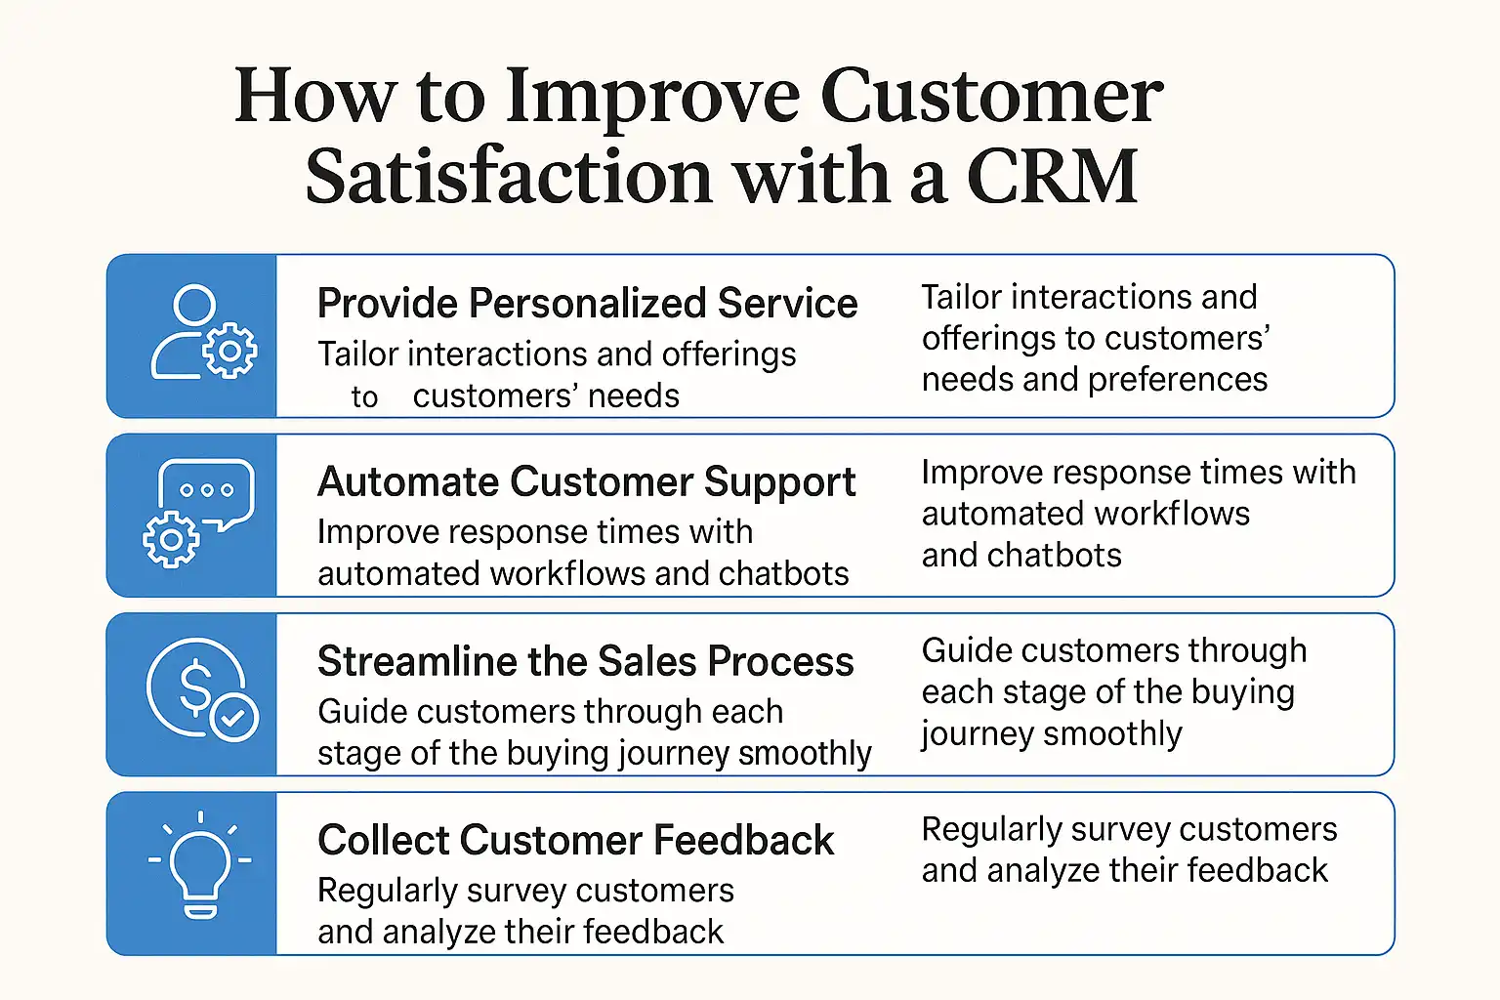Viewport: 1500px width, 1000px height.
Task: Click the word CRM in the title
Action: click(x=1052, y=176)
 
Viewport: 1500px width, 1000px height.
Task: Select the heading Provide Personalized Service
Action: click(x=587, y=304)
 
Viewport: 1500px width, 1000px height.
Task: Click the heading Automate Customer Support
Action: click(x=587, y=482)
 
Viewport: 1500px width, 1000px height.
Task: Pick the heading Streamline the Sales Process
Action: click(x=586, y=661)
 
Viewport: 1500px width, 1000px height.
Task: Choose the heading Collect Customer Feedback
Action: click(x=576, y=840)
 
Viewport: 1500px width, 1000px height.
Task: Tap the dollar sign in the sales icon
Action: click(x=195, y=687)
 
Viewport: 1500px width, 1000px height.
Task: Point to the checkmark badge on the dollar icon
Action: click(x=233, y=718)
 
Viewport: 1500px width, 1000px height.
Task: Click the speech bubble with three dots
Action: click(x=206, y=491)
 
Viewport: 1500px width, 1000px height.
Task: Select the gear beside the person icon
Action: click(x=229, y=351)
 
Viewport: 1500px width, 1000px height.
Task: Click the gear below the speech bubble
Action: click(x=172, y=539)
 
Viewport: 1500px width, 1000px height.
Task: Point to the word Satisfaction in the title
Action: click(x=509, y=176)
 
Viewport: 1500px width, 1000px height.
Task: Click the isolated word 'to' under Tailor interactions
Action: click(x=364, y=397)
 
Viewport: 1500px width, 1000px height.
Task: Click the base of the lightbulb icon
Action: click(x=200, y=912)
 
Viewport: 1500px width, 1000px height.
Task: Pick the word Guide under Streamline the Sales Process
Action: click(x=357, y=711)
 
